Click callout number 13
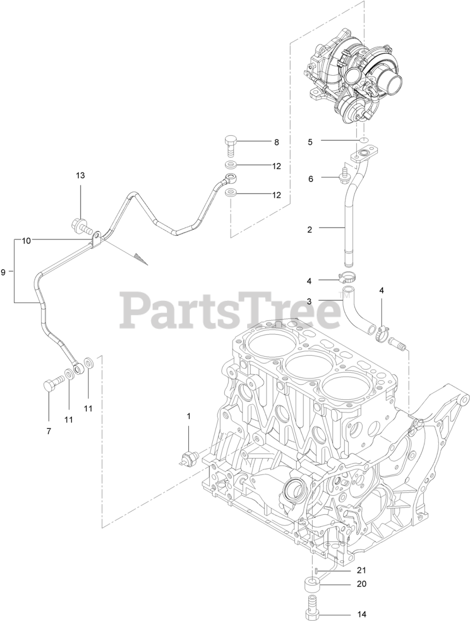pyautogui.click(x=80, y=175)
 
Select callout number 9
pyautogui.click(x=3, y=272)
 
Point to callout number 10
pyautogui.click(x=26, y=240)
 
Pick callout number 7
pyautogui.click(x=49, y=431)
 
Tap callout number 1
pyautogui.click(x=189, y=416)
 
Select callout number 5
pyautogui.click(x=310, y=142)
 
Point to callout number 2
pyautogui.click(x=310, y=229)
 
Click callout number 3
pyautogui.click(x=309, y=301)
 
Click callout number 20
pyautogui.click(x=361, y=584)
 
